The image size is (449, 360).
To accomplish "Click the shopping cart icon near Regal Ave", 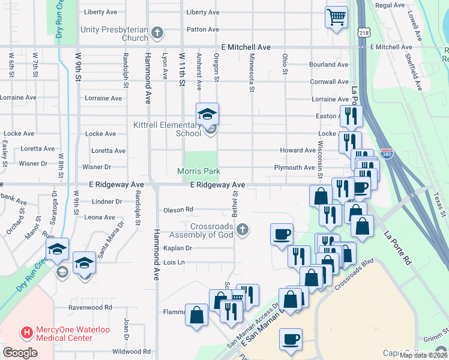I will (x=337, y=16).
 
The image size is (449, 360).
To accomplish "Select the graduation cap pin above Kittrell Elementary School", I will (x=207, y=113).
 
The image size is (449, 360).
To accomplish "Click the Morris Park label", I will (x=199, y=171).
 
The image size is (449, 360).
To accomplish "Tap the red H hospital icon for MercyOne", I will (x=26, y=332).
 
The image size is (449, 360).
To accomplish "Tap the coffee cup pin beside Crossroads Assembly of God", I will (x=282, y=233).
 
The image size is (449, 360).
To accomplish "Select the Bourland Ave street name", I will (x=329, y=64).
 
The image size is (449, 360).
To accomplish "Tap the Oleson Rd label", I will (x=178, y=209).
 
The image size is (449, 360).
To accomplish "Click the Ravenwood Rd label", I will (x=90, y=307).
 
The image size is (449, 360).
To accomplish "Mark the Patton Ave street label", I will (x=202, y=29).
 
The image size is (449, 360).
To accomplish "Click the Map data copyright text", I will (x=424, y=355).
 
